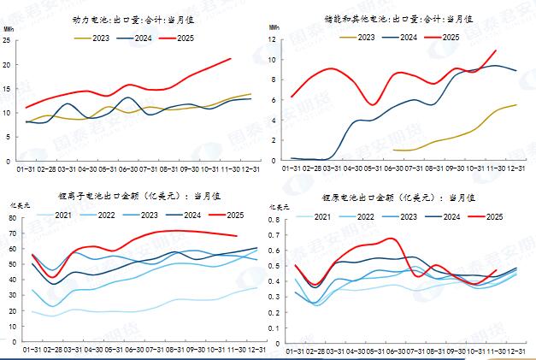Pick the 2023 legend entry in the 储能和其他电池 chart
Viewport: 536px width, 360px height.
359,37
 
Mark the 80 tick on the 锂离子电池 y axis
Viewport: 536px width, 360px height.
13,219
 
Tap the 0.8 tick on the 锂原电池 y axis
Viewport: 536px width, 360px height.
275,219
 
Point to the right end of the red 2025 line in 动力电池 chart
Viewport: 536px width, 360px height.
231,58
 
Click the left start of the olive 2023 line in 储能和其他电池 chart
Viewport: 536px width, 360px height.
392,150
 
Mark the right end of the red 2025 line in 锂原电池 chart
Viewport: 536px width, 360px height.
497,270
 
